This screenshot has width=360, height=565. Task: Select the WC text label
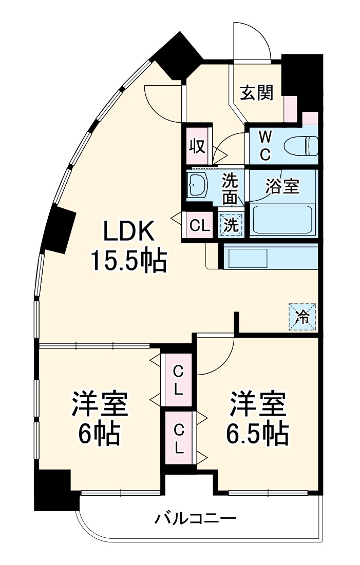[264, 145]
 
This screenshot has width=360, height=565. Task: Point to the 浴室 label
[282, 186]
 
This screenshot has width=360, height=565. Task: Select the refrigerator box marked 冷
[302, 317]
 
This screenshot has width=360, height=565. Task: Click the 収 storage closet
[198, 146]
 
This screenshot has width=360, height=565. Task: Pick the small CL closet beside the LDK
[199, 226]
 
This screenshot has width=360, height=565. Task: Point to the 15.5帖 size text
[129, 262]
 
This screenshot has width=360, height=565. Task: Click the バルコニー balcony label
[196, 519]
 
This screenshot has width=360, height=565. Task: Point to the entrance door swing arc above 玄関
[252, 41]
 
